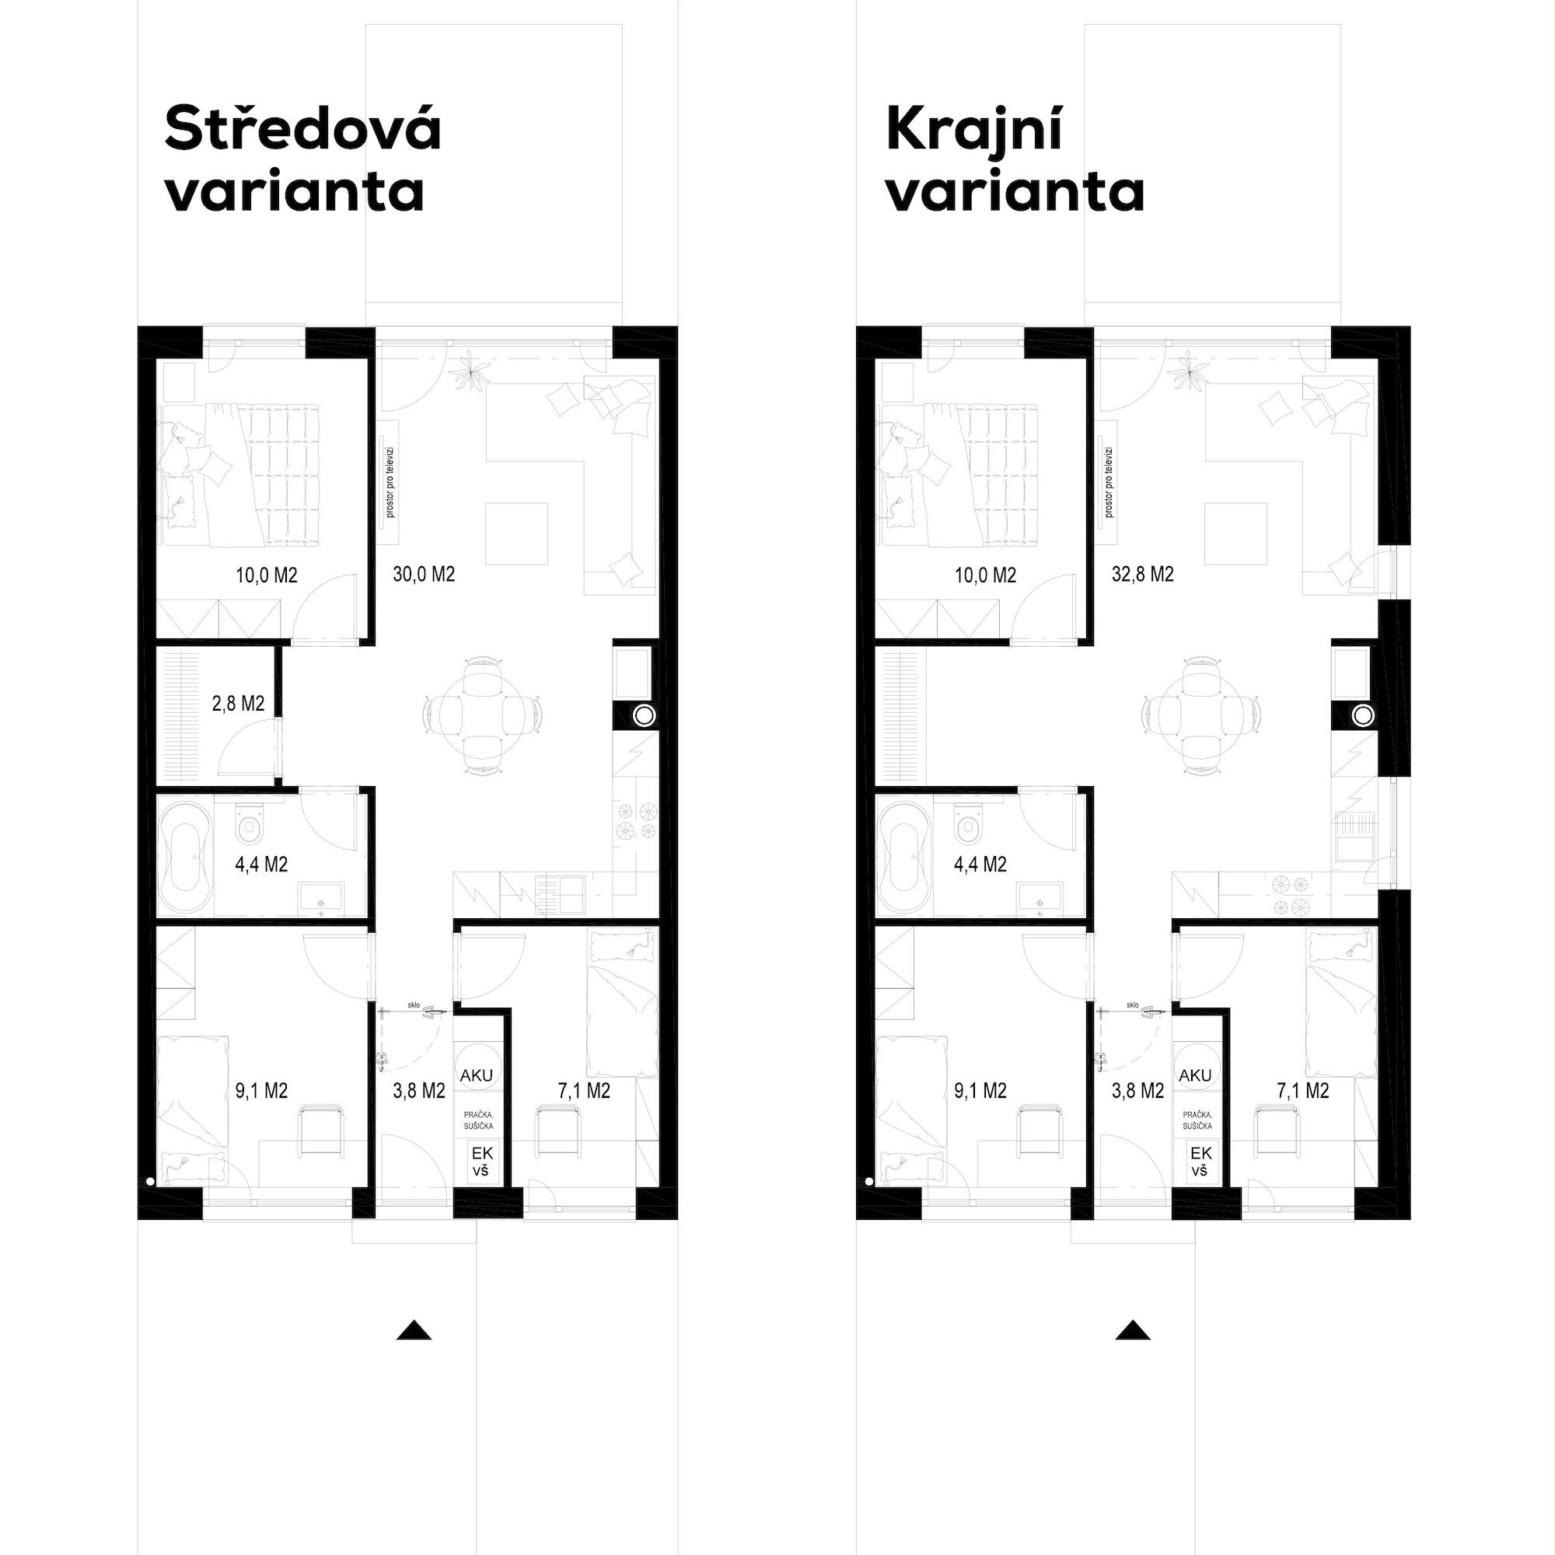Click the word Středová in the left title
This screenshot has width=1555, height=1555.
[302, 129]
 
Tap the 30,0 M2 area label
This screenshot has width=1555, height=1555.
[425, 574]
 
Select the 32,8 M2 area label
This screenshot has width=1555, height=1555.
[1143, 574]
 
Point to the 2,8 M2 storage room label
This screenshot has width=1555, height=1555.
[238, 704]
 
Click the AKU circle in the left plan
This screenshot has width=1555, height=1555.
[476, 1075]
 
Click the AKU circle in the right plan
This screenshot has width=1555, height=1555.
[1194, 1075]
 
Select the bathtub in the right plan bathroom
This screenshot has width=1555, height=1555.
[903, 856]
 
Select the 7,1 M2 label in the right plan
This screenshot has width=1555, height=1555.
[1302, 1091]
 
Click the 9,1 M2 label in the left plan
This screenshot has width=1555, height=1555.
[261, 1091]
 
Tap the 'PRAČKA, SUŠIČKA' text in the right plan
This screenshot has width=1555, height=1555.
[1197, 1120]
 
